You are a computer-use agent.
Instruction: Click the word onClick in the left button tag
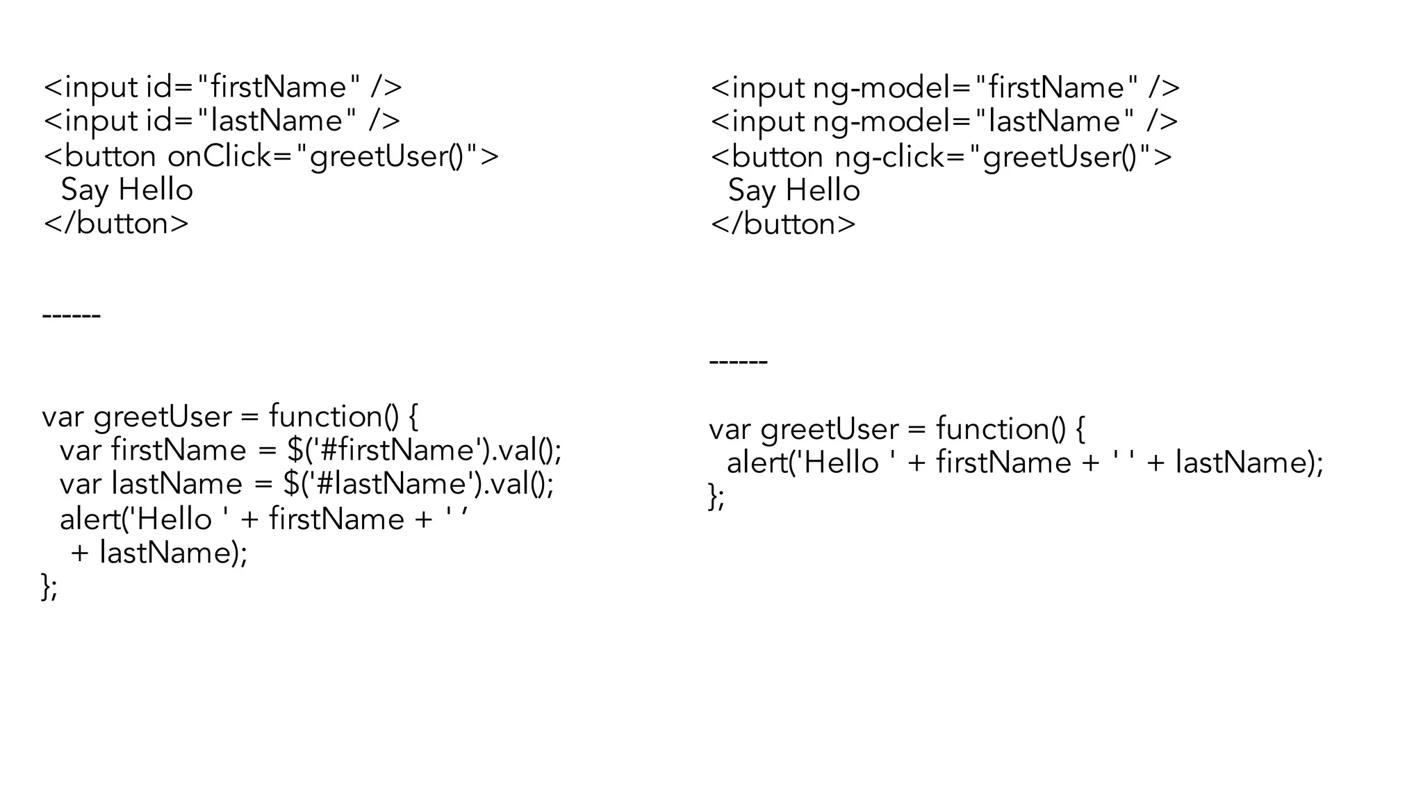click(x=220, y=156)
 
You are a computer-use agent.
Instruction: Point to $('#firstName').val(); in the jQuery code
click(x=424, y=450)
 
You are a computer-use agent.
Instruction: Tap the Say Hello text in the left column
click(x=127, y=190)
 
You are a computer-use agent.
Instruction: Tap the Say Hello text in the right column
click(x=794, y=190)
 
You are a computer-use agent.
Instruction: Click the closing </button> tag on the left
click(x=116, y=224)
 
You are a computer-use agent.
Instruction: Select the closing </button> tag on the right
click(x=783, y=224)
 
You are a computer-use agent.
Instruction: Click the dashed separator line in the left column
click(x=72, y=316)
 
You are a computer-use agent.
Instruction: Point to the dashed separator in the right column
click(x=739, y=362)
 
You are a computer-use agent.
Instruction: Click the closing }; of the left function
click(x=49, y=587)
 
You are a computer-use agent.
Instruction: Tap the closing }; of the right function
click(x=716, y=497)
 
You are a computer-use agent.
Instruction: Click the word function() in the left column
click(x=334, y=416)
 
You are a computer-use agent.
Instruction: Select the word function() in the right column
click(x=1001, y=428)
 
